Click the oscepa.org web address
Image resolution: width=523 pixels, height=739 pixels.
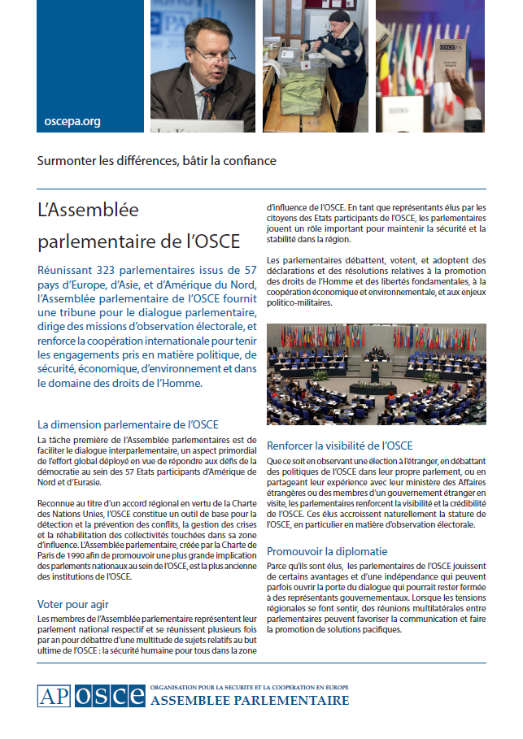(x=72, y=121)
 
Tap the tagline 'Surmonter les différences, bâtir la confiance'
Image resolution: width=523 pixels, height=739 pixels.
(x=157, y=160)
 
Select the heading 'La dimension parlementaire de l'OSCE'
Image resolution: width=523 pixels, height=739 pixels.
(x=128, y=424)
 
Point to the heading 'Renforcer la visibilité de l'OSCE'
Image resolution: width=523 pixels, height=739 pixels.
(x=339, y=446)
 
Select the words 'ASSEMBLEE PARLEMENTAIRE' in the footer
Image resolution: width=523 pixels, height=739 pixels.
(x=251, y=701)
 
